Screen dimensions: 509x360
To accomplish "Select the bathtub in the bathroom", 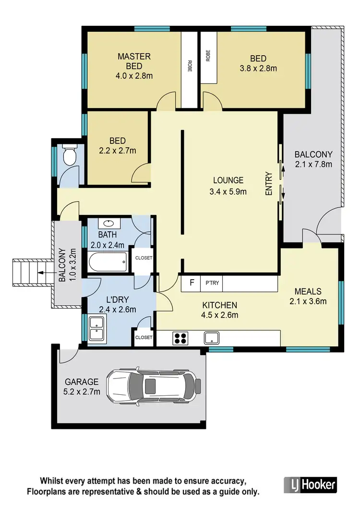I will tap(108, 262).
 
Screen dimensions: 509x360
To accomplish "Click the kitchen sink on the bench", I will tap(212, 338).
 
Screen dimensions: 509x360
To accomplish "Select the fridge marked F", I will tap(192, 283).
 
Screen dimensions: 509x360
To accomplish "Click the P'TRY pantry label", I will tap(212, 283).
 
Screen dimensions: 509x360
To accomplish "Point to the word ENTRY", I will tap(269, 184).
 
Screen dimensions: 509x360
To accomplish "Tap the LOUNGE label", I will tap(228, 180).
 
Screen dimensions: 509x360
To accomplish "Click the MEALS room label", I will tap(308, 291).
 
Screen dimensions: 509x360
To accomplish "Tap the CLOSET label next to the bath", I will tap(144, 258).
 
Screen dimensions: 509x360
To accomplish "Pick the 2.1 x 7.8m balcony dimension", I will tap(313, 164).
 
